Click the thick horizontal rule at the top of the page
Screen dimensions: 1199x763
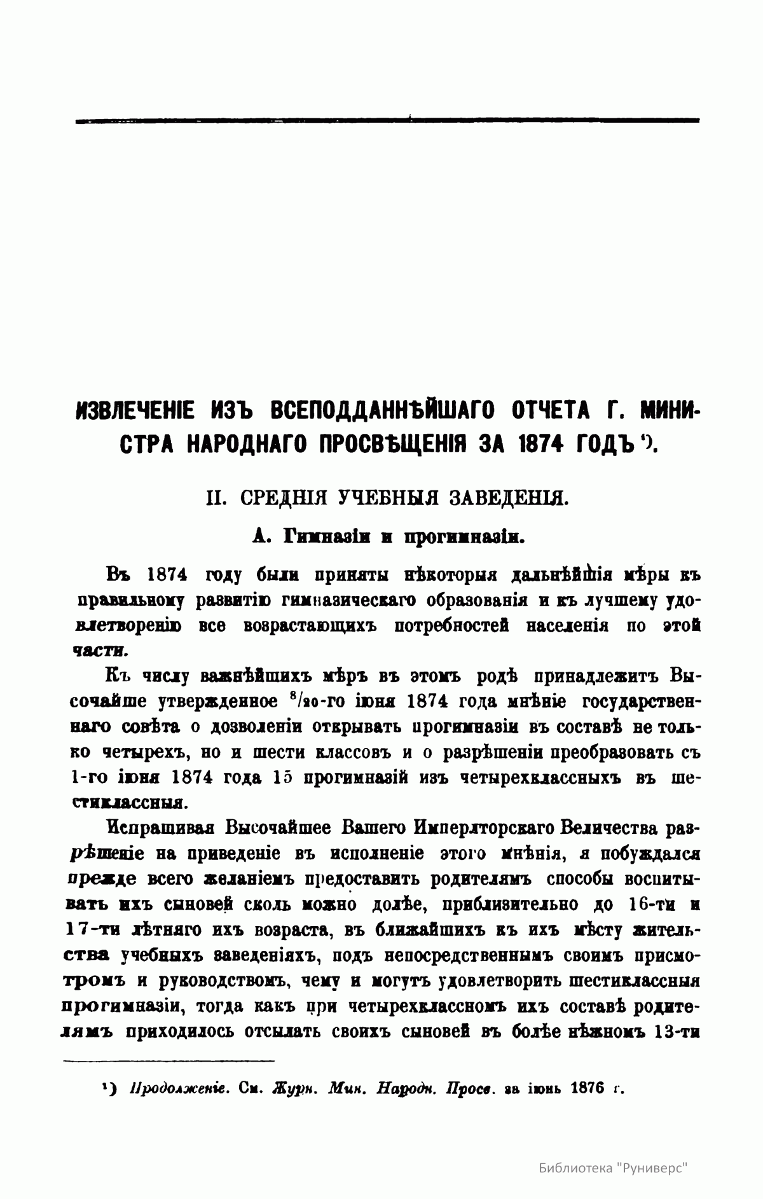click(387, 120)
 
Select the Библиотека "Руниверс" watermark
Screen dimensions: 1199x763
click(614, 1168)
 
